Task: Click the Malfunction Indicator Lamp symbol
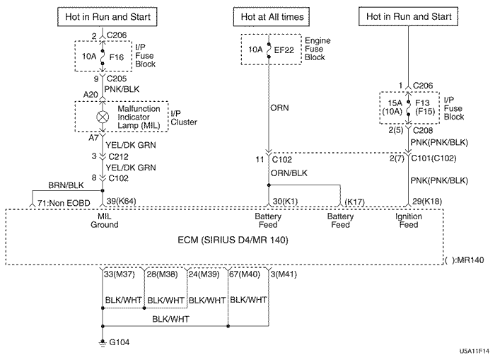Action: tap(103, 114)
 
